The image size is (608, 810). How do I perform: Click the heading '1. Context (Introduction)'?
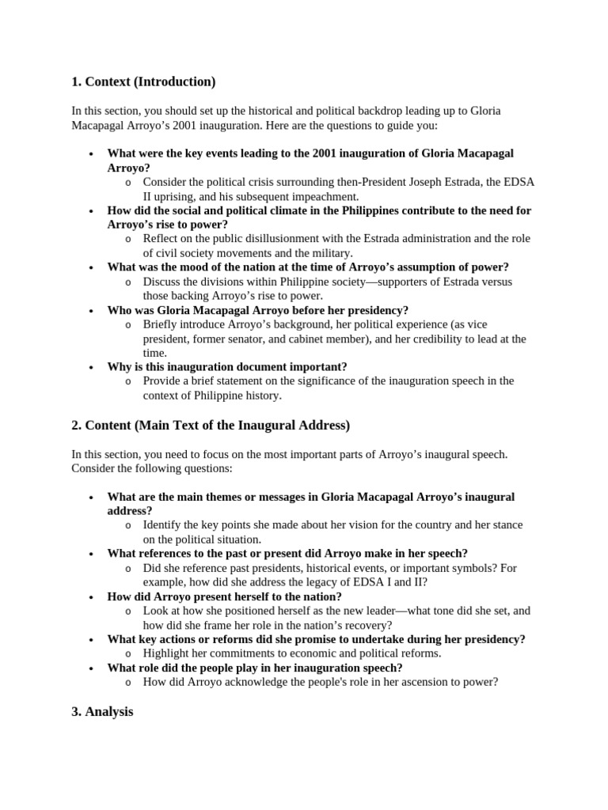[143, 81]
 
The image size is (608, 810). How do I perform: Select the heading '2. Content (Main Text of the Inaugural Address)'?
[211, 426]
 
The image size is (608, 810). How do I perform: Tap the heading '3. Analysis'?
[102, 712]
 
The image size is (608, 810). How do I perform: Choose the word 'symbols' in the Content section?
[467, 568]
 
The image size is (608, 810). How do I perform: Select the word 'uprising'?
[179, 196]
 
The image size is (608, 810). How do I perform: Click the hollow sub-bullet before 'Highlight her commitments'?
[128, 654]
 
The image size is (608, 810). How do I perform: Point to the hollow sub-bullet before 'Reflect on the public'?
[128, 240]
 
